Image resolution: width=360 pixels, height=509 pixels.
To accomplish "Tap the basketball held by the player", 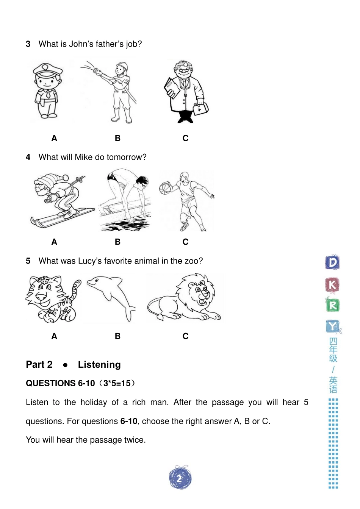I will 165,188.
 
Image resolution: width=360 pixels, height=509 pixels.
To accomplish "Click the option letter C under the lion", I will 185,336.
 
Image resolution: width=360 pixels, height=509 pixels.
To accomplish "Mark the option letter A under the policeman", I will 54,138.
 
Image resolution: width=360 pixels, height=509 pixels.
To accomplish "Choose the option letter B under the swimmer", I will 117,242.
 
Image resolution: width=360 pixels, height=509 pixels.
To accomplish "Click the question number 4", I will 28,157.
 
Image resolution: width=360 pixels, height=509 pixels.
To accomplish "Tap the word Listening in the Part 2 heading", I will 99,365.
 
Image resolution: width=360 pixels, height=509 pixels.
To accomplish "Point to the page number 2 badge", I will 180,479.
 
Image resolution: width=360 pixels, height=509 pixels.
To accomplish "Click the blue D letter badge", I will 332,262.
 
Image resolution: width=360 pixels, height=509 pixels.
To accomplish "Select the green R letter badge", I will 332,305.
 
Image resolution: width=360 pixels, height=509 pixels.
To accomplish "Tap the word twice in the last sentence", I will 135,440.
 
